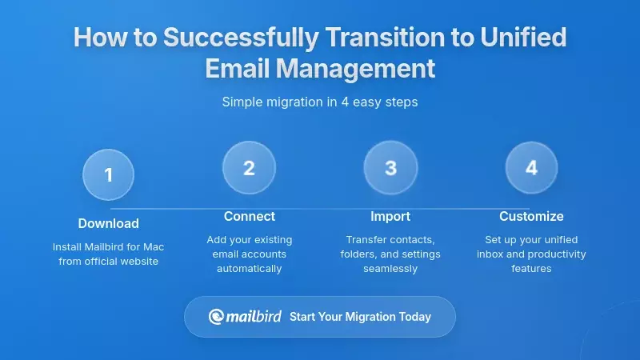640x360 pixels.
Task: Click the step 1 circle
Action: pyautogui.click(x=108, y=174)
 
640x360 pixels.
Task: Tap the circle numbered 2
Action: pyautogui.click(x=249, y=168)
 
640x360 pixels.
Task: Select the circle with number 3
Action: pyautogui.click(x=390, y=168)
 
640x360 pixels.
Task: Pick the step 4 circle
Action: pyautogui.click(x=531, y=168)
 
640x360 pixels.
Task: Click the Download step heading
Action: pyautogui.click(x=108, y=223)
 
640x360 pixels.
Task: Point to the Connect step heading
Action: pyautogui.click(x=249, y=216)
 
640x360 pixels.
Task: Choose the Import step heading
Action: pyautogui.click(x=390, y=216)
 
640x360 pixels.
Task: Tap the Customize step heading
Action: pyautogui.click(x=531, y=216)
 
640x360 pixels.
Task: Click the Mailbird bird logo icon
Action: pyautogui.click(x=216, y=317)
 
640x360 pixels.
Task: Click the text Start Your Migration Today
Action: pyautogui.click(x=360, y=317)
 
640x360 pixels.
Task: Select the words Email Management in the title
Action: pyautogui.click(x=320, y=68)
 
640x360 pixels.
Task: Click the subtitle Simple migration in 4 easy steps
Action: pyautogui.click(x=320, y=102)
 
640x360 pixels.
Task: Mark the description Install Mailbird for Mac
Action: pyautogui.click(x=108, y=246)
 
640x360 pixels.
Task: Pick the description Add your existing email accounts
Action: pyautogui.click(x=249, y=246)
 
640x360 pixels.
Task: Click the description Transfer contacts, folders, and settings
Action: pyautogui.click(x=390, y=246)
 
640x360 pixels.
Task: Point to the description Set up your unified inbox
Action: pyautogui.click(x=531, y=246)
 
